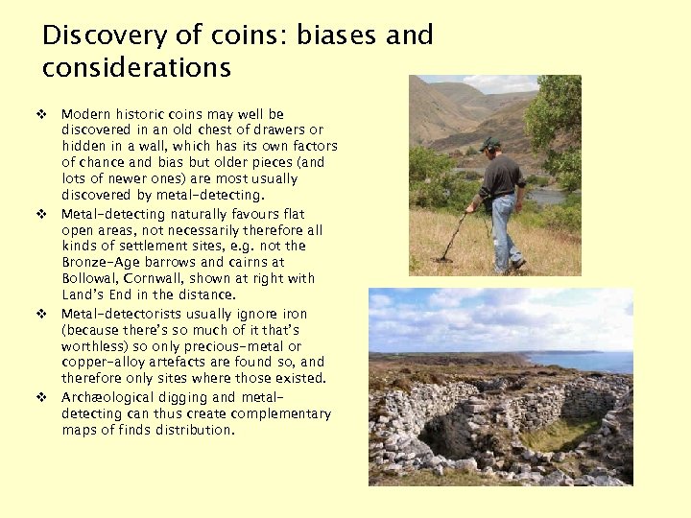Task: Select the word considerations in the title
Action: (x=136, y=68)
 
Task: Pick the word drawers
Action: (x=274, y=130)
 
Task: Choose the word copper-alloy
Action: (x=103, y=363)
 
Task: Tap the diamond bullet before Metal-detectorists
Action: (x=42, y=314)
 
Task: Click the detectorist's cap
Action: (x=491, y=144)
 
